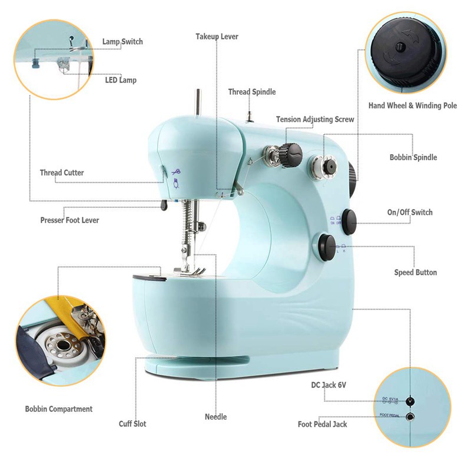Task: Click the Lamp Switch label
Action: pos(122,42)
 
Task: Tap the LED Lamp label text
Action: pos(121,79)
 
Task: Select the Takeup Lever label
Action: pos(217,37)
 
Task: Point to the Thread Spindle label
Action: pos(252,92)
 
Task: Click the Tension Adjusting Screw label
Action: pos(315,120)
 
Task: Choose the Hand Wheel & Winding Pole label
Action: pos(412,106)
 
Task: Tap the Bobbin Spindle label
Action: pos(413,158)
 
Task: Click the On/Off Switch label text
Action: pos(410,213)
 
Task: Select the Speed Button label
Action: pos(415,273)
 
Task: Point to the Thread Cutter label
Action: pos(62,173)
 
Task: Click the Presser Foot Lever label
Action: pos(69,220)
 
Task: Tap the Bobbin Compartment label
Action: pos(59,409)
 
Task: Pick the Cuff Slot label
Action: pos(132,424)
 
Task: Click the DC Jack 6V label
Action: pos(329,385)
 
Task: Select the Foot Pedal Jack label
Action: pos(322,424)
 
